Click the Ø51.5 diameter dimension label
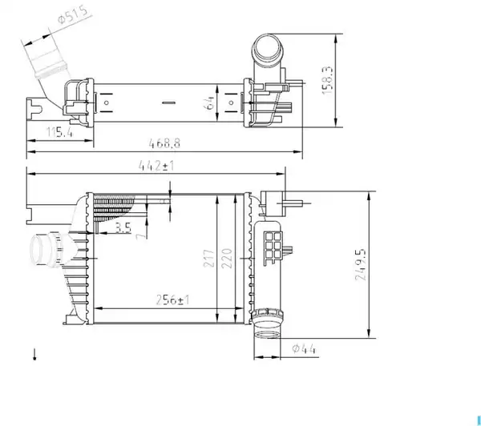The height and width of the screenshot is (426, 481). (x=73, y=14)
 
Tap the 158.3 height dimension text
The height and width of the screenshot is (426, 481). (x=327, y=80)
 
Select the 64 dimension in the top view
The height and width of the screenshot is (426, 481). (x=210, y=102)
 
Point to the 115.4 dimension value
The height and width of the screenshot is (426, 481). (x=60, y=132)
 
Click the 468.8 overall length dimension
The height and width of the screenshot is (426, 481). (x=164, y=143)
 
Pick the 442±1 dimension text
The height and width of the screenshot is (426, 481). (x=156, y=166)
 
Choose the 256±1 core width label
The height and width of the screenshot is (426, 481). (x=172, y=299)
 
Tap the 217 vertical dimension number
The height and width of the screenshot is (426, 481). (x=208, y=259)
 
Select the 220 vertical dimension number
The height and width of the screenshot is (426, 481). (x=227, y=259)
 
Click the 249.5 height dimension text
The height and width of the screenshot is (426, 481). (x=361, y=264)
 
